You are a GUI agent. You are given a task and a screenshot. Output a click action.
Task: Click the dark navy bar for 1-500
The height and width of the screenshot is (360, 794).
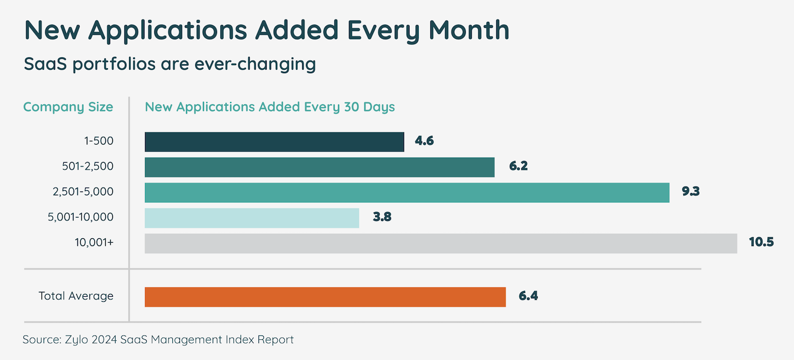click(x=274, y=142)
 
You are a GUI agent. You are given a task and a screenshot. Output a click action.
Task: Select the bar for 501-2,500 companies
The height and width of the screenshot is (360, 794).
click(x=320, y=167)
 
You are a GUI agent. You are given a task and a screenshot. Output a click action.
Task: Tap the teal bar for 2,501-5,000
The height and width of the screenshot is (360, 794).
click(x=407, y=193)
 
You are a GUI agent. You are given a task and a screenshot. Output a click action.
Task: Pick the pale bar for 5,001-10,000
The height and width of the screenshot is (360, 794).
click(x=252, y=218)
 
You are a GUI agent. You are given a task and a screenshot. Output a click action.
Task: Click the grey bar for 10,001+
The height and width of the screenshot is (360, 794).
click(x=441, y=243)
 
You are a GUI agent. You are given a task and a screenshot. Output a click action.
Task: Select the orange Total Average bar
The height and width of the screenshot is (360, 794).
click(x=325, y=297)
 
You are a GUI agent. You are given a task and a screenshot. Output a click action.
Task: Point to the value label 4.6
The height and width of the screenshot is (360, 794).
click(x=424, y=141)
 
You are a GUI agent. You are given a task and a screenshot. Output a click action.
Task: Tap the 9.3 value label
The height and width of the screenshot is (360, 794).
click(x=690, y=192)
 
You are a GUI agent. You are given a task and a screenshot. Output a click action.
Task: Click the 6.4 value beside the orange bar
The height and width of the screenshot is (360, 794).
click(x=528, y=297)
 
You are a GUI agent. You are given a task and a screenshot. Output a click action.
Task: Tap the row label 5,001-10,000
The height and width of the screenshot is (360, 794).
click(x=81, y=218)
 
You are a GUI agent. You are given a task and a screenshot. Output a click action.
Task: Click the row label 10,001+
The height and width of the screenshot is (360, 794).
click(x=94, y=243)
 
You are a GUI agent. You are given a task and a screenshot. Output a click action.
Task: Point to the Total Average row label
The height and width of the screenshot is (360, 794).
click(x=76, y=296)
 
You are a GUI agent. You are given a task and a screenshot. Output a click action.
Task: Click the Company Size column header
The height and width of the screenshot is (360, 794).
click(x=68, y=107)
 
